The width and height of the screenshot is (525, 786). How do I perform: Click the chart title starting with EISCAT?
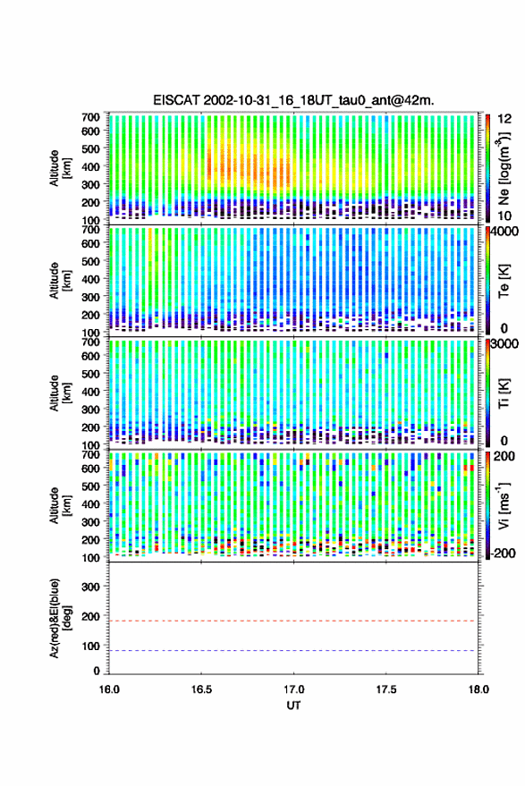pos(293,100)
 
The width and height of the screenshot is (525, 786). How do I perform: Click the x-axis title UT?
pos(294,706)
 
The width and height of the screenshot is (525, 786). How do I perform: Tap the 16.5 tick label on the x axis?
pos(201,689)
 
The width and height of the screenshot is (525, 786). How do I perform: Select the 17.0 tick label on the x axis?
pos(294,689)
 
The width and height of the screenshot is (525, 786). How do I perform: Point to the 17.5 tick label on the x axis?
pos(386,689)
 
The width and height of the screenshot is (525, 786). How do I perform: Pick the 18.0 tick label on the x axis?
pos(478,689)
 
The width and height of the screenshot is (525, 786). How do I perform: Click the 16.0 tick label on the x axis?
pos(109,689)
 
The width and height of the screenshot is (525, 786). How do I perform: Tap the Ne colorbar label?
pos(504,168)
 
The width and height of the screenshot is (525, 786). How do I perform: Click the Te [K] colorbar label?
pos(504,281)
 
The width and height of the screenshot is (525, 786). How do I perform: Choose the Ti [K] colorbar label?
pos(504,393)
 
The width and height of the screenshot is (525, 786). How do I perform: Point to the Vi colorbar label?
pos(504,505)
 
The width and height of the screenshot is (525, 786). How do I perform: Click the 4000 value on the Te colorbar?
pos(505,232)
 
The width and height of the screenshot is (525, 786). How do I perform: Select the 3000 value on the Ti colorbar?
pos(505,344)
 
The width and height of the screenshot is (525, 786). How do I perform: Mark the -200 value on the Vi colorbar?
pos(503,554)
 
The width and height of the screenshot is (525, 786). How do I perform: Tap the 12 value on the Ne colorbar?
pos(505,119)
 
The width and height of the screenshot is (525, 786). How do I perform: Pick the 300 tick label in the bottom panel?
pos(90,587)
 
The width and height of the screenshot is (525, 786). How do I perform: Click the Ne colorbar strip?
pos(487,167)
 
